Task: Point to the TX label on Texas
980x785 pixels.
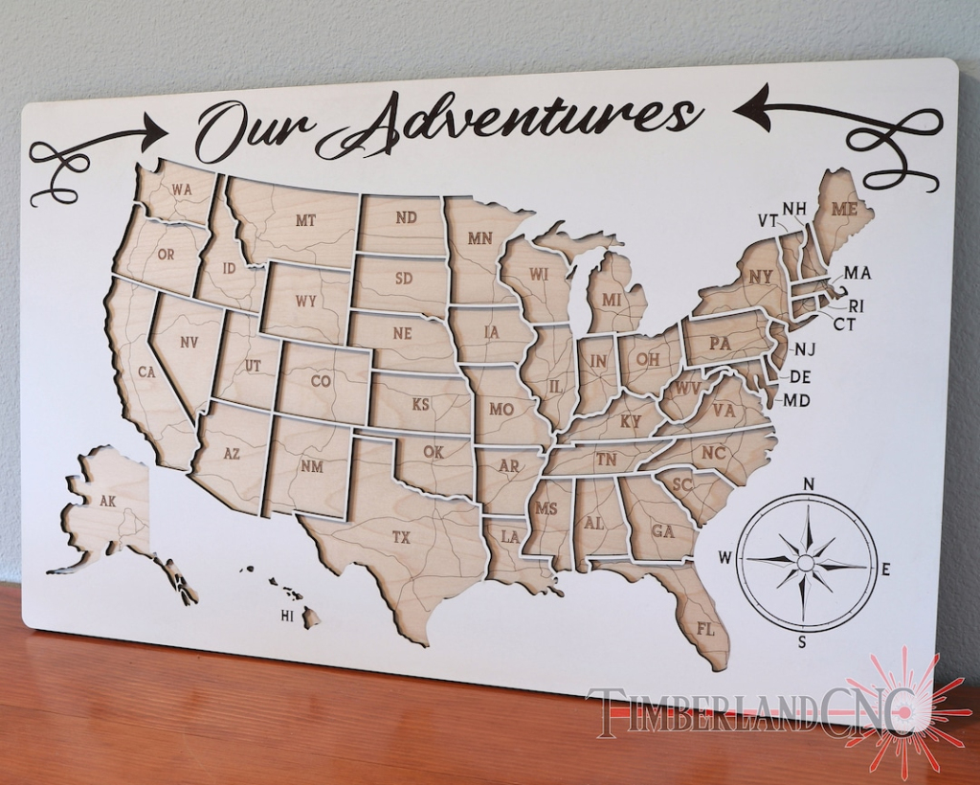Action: click(x=401, y=538)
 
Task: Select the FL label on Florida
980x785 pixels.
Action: click(x=706, y=629)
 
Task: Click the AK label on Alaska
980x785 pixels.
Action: click(x=107, y=500)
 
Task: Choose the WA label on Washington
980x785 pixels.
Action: click(x=182, y=190)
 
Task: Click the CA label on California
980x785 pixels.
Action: click(x=146, y=372)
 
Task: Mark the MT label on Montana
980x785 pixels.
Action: click(x=305, y=220)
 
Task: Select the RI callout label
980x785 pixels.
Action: click(x=856, y=306)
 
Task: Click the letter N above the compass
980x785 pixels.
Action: click(x=809, y=483)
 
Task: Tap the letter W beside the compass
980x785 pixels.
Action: click(x=725, y=557)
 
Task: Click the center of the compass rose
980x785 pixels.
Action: click(x=806, y=562)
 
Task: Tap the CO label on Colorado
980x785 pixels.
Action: click(x=321, y=381)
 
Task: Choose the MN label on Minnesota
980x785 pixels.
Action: click(x=479, y=238)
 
